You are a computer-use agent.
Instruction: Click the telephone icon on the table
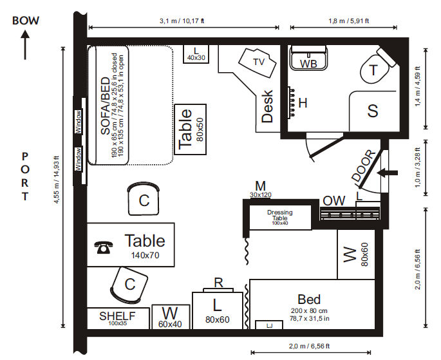point(103,247)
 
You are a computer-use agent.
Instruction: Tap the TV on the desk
point(258,62)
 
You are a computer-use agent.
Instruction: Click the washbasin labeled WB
point(308,58)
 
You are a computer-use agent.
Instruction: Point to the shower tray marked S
point(373,111)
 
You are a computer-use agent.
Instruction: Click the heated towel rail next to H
point(291,102)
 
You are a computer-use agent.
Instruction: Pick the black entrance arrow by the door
point(388,173)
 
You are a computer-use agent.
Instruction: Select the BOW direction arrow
point(25,45)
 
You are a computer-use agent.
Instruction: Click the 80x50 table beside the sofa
point(191,129)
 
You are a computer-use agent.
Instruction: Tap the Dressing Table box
point(281,218)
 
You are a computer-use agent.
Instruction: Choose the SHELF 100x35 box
point(118,318)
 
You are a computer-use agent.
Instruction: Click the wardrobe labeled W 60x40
point(171,317)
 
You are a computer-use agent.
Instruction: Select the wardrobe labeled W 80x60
point(356,254)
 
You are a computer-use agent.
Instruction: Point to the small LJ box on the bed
point(269,325)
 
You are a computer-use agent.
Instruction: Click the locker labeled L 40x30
point(196,54)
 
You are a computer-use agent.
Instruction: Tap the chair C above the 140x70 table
point(144,199)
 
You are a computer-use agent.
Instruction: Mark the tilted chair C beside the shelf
point(129,285)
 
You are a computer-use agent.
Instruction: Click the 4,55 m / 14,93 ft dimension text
point(57,180)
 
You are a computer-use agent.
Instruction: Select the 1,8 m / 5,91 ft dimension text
point(349,21)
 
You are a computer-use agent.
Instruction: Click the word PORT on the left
point(25,176)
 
